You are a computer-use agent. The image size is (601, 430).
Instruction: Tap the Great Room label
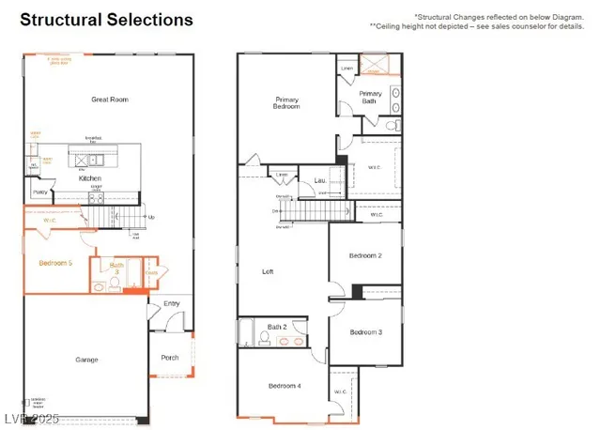coord(110,99)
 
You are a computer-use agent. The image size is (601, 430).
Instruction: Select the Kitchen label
coord(90,178)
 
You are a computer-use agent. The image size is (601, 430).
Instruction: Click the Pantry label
coord(39,192)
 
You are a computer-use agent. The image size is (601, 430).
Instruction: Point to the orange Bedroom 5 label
coord(55,264)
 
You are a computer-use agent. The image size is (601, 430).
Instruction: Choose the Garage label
coord(86,360)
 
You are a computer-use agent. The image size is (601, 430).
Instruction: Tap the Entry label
coord(171,303)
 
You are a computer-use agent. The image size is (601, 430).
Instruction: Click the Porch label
coord(170,357)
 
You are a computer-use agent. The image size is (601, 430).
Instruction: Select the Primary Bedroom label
coord(287,102)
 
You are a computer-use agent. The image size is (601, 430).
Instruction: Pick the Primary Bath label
coord(370,97)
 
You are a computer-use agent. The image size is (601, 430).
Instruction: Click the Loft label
coord(268,271)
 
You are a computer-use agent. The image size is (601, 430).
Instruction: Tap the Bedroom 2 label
coord(364,255)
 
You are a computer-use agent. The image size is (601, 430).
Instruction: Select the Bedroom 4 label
coord(284,386)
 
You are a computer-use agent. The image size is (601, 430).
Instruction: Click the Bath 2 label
coord(276,327)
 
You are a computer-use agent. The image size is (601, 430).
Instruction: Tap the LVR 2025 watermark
coord(32,415)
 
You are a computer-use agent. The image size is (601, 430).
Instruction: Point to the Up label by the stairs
coord(152,218)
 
